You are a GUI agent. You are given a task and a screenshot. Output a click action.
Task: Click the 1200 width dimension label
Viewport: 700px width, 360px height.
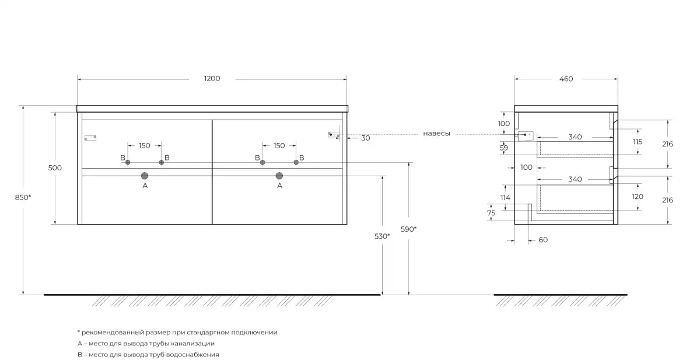pyautogui.click(x=212, y=78)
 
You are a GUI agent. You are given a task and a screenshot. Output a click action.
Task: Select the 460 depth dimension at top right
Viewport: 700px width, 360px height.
pyautogui.click(x=566, y=79)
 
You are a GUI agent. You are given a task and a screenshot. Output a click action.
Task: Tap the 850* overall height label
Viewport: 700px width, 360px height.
pyautogui.click(x=23, y=197)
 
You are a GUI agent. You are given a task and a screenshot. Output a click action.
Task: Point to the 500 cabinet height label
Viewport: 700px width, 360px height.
pyautogui.click(x=55, y=168)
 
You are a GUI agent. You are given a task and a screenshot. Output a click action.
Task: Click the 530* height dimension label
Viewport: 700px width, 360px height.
pyautogui.click(x=382, y=236)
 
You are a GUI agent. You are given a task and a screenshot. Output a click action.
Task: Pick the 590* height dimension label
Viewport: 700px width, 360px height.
pyautogui.click(x=408, y=229)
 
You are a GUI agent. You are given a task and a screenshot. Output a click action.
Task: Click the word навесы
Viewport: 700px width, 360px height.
pyautogui.click(x=436, y=134)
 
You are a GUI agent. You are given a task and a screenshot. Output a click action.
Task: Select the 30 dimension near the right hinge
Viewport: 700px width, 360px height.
pyautogui.click(x=366, y=138)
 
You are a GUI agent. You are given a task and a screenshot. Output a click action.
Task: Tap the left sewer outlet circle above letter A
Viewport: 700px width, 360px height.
pyautogui.click(x=145, y=176)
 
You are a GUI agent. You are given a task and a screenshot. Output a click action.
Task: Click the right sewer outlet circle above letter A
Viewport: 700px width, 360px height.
pyautogui.click(x=279, y=176)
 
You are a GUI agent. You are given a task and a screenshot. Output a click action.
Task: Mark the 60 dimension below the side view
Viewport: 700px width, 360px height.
pyautogui.click(x=543, y=240)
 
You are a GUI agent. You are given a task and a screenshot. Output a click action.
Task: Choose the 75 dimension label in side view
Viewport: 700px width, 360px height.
pyautogui.click(x=491, y=213)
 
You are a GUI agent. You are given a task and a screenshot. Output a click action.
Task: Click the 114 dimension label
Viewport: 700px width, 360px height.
pyautogui.click(x=505, y=197)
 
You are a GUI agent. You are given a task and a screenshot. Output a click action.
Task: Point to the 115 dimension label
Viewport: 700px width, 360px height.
pyautogui.click(x=638, y=142)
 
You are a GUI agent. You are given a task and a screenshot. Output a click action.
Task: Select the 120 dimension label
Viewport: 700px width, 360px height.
pyautogui.click(x=638, y=197)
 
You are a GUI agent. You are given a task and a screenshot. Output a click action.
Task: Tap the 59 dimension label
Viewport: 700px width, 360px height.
pyautogui.click(x=503, y=148)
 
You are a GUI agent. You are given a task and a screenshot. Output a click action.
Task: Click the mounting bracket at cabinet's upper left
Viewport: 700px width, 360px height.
pyautogui.click(x=90, y=138)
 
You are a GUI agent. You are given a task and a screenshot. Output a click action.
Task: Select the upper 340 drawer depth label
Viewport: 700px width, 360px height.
pyautogui.click(x=575, y=137)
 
